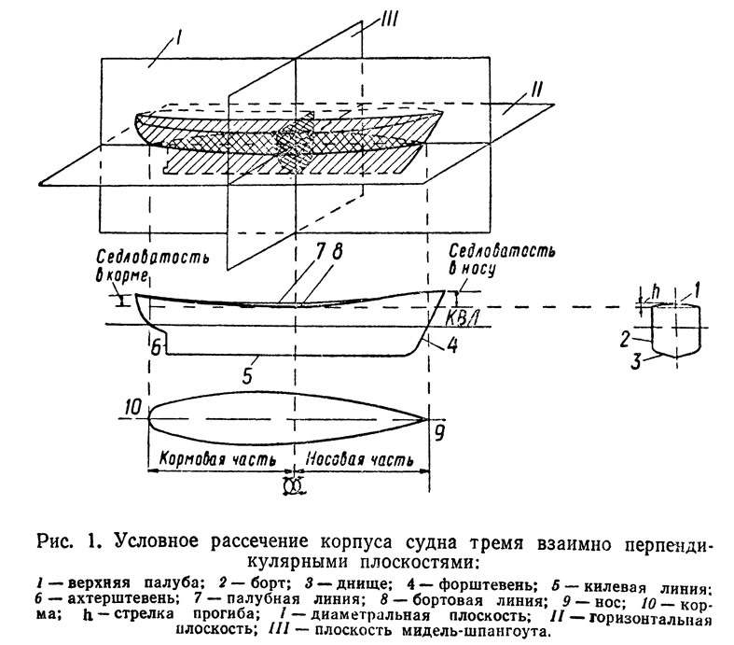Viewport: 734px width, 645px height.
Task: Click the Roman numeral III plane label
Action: pos(387,21)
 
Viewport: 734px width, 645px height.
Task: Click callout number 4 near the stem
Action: pos(451,345)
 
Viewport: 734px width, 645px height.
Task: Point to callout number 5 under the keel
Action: pos(247,375)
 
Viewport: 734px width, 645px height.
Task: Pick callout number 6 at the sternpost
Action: pos(157,348)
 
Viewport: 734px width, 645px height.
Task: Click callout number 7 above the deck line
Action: pos(320,253)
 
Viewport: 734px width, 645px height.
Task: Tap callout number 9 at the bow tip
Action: pos(438,433)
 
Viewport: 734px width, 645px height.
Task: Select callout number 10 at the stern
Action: pos(132,408)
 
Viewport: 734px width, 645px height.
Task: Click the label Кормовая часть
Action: pos(217,458)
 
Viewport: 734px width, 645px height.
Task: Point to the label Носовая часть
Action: pos(359,459)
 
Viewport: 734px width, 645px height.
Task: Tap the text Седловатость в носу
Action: pos(503,259)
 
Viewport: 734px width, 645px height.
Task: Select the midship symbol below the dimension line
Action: pos(294,485)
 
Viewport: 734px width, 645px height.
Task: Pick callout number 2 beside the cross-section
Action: pos(627,339)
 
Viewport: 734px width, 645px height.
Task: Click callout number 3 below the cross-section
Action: pos(635,362)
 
